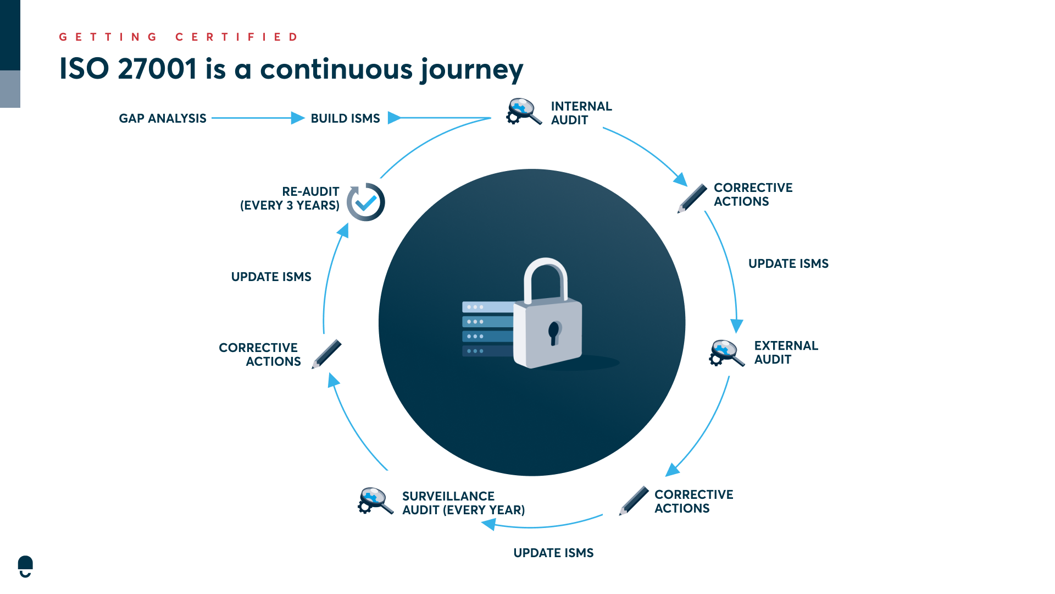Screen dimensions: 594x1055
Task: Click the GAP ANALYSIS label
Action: coord(162,118)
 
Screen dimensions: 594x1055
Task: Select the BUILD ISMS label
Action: coord(345,118)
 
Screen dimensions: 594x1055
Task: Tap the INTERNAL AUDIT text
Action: coord(581,113)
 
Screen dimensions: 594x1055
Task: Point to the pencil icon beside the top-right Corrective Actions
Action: coord(692,198)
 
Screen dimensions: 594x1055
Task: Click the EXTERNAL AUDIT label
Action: coord(785,352)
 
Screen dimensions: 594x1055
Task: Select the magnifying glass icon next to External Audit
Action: coord(726,353)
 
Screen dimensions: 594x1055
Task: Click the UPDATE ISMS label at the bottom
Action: coord(553,553)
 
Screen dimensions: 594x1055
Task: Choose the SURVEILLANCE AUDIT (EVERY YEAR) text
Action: coord(463,503)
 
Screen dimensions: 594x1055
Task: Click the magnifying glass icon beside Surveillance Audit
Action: coord(375,500)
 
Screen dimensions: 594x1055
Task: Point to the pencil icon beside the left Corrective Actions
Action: coord(326,354)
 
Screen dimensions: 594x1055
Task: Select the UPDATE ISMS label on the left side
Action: coord(271,277)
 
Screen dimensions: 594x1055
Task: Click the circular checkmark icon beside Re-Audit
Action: coord(366,202)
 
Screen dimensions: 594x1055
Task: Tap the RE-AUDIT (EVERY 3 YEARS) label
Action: coord(290,198)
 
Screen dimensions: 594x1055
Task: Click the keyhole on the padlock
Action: coord(554,332)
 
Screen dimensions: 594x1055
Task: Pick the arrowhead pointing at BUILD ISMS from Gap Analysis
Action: coord(297,118)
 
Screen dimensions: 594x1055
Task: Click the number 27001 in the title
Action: coord(157,69)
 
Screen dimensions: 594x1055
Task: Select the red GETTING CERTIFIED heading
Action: coord(179,37)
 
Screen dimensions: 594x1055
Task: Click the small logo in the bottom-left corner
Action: coord(25,566)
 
